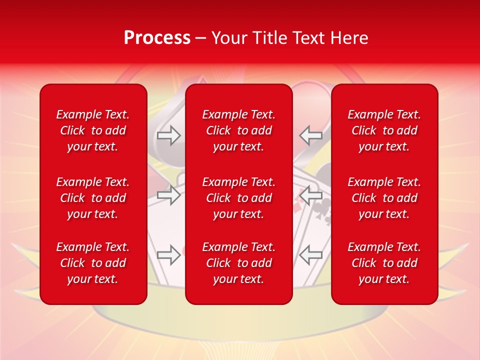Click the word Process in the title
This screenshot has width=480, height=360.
[157, 38]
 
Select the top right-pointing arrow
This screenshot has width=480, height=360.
[168, 135]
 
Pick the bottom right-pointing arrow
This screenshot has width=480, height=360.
[168, 255]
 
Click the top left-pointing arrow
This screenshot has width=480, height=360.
[311, 135]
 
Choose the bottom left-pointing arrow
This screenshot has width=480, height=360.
[311, 255]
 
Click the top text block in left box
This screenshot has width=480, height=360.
[93, 130]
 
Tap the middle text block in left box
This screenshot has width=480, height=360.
[93, 198]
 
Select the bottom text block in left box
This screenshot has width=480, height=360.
[93, 263]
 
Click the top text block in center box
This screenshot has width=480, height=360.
[238, 130]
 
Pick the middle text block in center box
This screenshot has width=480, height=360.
[238, 198]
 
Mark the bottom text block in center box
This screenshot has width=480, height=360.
[238, 263]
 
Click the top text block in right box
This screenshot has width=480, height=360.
[384, 130]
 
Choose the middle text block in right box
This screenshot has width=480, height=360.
[384, 198]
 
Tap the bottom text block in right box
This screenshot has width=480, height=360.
[384, 263]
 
